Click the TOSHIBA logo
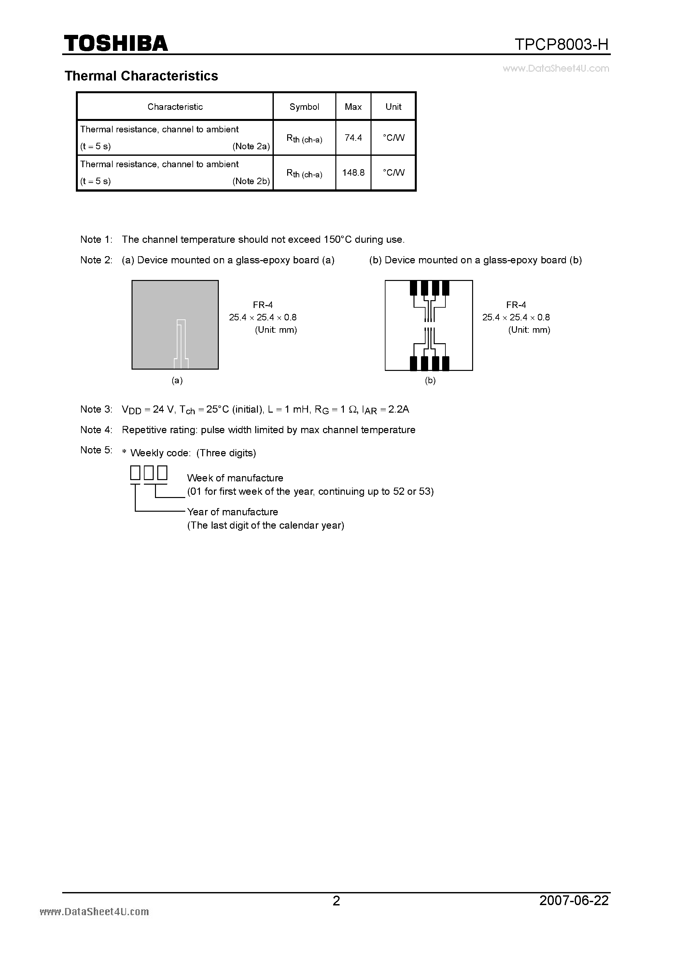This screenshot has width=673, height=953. [x=116, y=43]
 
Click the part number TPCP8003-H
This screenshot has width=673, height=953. [x=561, y=44]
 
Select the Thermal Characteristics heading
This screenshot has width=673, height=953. [x=141, y=76]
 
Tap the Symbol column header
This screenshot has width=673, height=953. [x=304, y=107]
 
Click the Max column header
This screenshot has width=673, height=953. [x=353, y=107]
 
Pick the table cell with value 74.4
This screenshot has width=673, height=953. [x=353, y=138]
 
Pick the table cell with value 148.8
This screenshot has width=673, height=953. [x=353, y=173]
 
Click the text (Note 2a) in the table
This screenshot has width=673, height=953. [x=251, y=146]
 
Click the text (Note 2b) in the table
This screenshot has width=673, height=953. [x=251, y=181]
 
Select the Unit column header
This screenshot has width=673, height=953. [x=393, y=107]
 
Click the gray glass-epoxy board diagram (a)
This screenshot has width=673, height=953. [x=175, y=325]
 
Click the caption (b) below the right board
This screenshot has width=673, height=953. [x=430, y=380]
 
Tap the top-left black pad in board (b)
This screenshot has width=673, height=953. [x=414, y=288]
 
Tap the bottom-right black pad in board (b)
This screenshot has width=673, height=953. [x=445, y=363]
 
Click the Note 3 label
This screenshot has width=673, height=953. [x=96, y=409]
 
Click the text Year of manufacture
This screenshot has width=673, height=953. [x=232, y=512]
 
